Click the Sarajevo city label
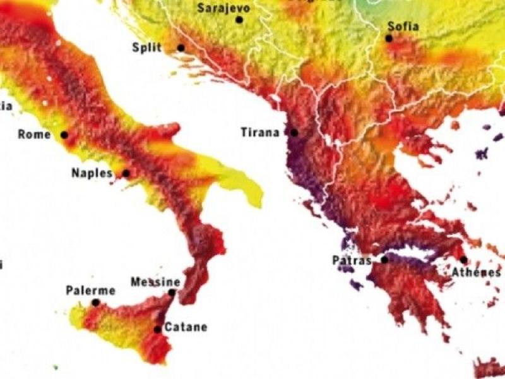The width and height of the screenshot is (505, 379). [223, 8]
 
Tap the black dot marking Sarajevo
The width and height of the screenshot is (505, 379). [239, 20]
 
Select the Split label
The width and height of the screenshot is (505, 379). [147, 47]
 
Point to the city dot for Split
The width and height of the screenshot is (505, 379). [181, 48]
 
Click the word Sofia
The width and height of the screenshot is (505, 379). [403, 27]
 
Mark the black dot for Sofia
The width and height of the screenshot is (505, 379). [389, 39]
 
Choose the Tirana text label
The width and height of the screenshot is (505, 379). [260, 133]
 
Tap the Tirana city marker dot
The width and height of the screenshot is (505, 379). [294, 133]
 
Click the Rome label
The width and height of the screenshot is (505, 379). [34, 134]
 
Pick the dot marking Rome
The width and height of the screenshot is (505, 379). [64, 135]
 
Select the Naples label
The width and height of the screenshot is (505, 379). [92, 172]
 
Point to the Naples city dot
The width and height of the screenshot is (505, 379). [126, 173]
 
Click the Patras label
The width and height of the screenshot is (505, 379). [352, 260]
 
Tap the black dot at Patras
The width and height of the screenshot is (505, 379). [384, 260]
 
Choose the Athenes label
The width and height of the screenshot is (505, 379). [476, 272]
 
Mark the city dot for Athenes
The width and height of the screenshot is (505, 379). [463, 260]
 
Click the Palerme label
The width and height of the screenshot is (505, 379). [90, 291]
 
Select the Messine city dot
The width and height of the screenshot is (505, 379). [172, 292]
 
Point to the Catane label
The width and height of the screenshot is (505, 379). [185, 327]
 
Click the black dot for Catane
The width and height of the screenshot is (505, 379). [157, 329]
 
